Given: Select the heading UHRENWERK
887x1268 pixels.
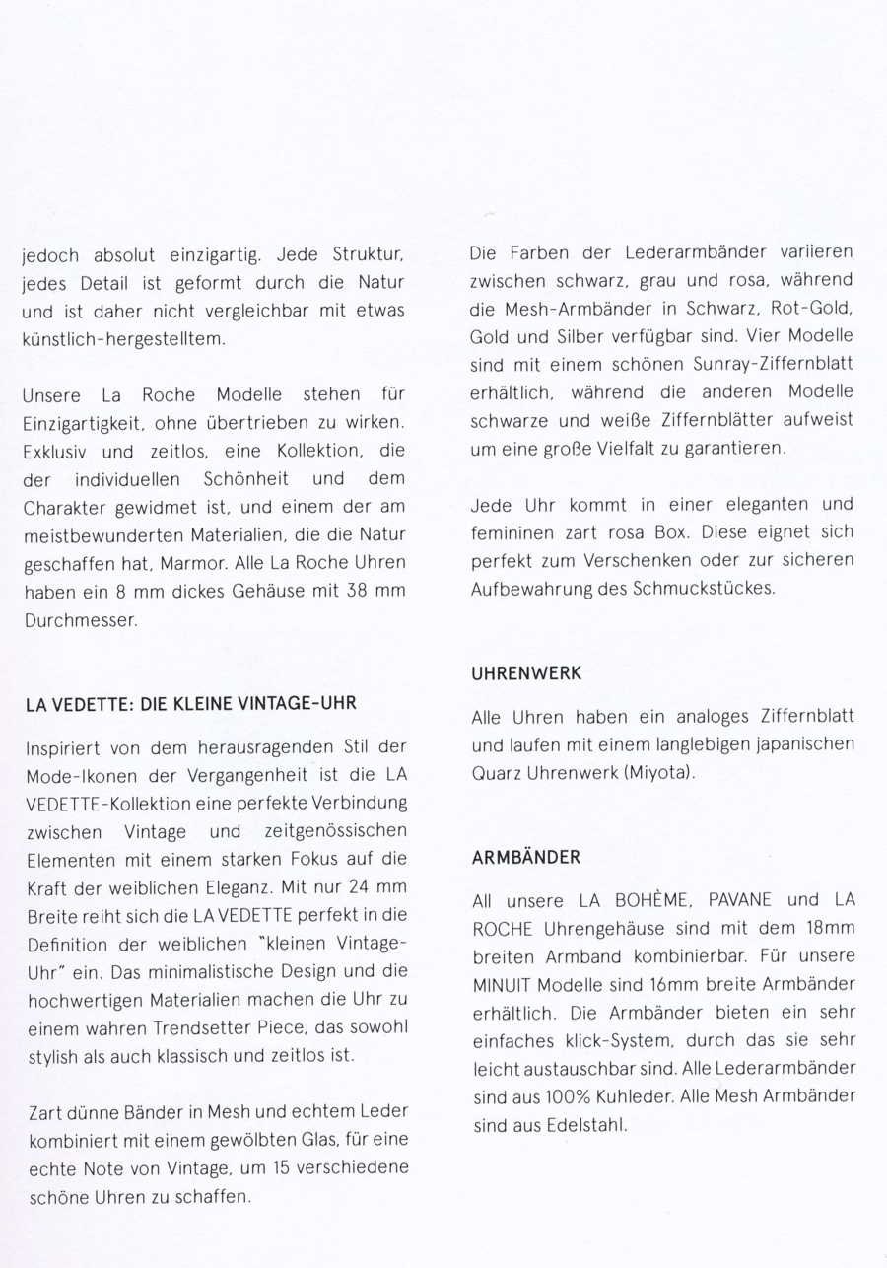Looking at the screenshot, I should (x=526, y=674).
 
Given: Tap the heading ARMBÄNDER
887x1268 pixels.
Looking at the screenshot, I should (x=526, y=857).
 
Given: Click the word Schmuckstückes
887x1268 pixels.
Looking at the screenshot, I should (x=701, y=589).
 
